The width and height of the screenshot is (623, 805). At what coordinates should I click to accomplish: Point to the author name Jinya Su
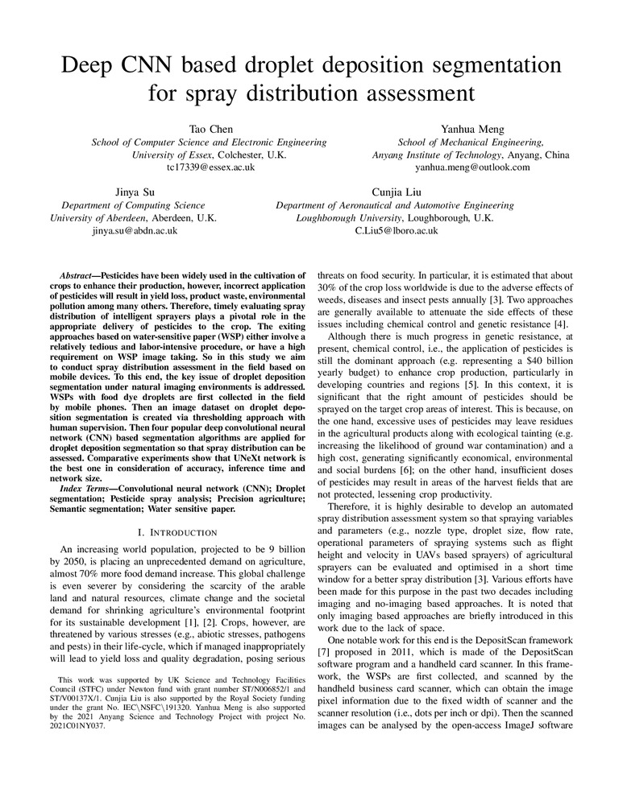click(x=135, y=191)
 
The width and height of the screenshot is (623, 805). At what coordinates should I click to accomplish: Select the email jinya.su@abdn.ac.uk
click(x=135, y=230)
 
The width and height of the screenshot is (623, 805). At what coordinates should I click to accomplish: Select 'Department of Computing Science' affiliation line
click(x=135, y=204)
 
